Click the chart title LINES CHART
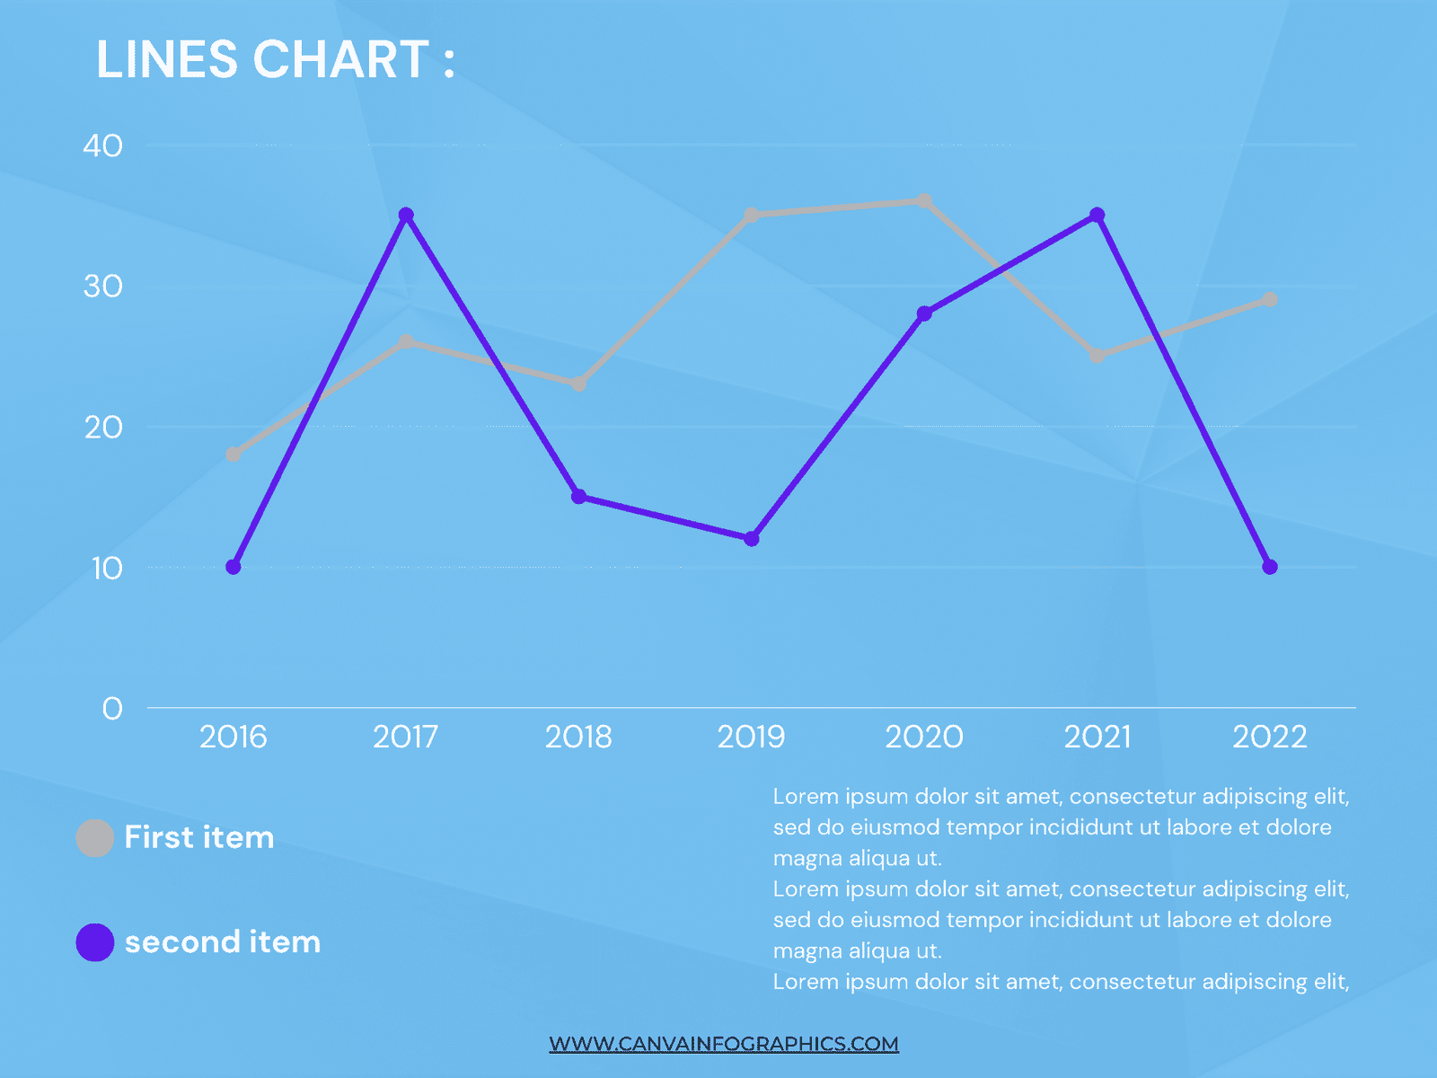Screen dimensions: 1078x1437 pyautogui.click(x=275, y=60)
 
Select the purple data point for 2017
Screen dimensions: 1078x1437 pyautogui.click(x=406, y=216)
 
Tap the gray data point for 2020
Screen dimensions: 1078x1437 pyautogui.click(x=924, y=201)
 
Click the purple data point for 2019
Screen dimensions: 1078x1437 pyautogui.click(x=752, y=539)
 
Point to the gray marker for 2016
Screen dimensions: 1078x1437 pyautogui.click(x=234, y=455)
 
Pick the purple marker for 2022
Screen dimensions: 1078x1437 pyautogui.click(x=1270, y=567)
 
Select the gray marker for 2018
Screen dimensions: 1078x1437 pyautogui.click(x=579, y=384)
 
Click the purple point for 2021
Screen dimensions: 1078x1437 pyautogui.click(x=1098, y=216)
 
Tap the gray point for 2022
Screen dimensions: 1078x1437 pyautogui.click(x=1270, y=299)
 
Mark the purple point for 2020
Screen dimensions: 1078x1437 pyautogui.click(x=924, y=314)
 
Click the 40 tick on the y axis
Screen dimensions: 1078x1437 pyautogui.click(x=102, y=146)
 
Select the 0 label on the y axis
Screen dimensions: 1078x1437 pyautogui.click(x=112, y=709)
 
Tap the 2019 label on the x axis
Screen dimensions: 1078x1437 pyautogui.click(x=751, y=738)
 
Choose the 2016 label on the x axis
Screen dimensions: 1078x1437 pyautogui.click(x=234, y=738)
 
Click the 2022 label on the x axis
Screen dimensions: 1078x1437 pyautogui.click(x=1269, y=738)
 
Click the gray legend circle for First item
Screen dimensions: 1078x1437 pyautogui.click(x=95, y=838)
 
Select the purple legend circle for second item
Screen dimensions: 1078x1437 pyautogui.click(x=95, y=942)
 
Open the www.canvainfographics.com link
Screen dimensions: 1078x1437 pyautogui.click(x=724, y=1044)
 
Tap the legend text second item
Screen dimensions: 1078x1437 pyautogui.click(x=223, y=942)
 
